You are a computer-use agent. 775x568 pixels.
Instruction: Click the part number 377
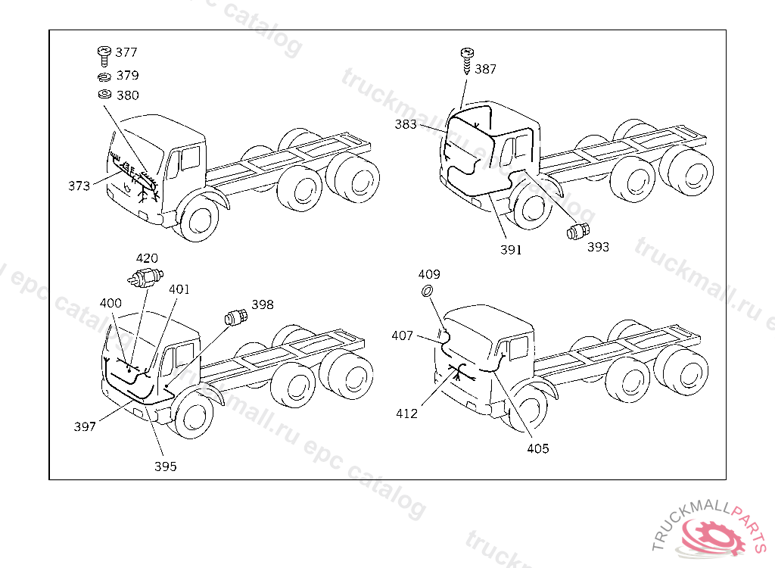click(x=126, y=52)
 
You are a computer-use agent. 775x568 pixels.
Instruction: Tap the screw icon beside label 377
click(x=103, y=54)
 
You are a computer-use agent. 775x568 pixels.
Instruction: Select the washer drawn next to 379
click(x=104, y=76)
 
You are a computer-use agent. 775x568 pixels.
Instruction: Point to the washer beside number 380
click(x=104, y=95)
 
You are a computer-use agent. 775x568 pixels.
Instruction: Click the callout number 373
click(x=79, y=185)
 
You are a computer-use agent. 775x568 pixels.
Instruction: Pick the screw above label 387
click(x=466, y=58)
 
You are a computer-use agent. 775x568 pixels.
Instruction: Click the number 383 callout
click(x=406, y=124)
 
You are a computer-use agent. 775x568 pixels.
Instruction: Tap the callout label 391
click(x=511, y=250)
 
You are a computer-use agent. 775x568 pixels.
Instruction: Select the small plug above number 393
click(x=579, y=230)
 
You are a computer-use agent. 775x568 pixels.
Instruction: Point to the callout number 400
click(x=110, y=303)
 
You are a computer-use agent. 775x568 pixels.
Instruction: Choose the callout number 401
click(x=179, y=289)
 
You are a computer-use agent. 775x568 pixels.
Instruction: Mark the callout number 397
click(x=85, y=426)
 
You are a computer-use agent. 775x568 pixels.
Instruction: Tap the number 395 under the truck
click(x=165, y=467)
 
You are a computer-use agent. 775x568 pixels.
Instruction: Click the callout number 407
click(x=403, y=335)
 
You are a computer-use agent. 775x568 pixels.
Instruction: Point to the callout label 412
click(x=406, y=414)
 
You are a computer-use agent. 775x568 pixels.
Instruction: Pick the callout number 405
click(x=538, y=448)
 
